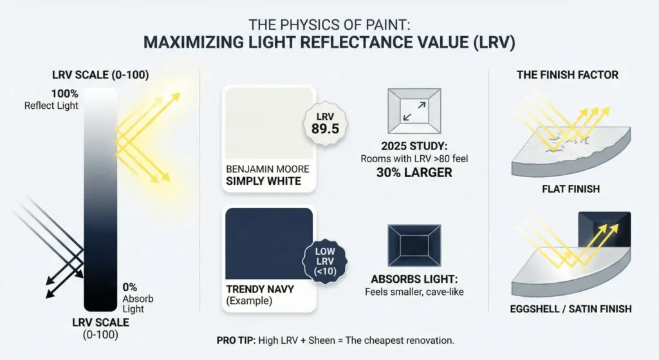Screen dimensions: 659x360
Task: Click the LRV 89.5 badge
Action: point(325,124)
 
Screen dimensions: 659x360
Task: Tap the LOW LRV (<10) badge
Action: point(325,261)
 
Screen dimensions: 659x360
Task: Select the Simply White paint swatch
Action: point(269,123)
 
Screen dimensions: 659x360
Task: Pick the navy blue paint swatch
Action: point(269,243)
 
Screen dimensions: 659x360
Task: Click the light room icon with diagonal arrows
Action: point(414,111)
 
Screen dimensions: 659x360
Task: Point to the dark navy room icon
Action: point(414,245)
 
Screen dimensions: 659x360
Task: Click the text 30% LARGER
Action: point(414,173)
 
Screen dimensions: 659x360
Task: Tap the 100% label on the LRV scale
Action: point(65,93)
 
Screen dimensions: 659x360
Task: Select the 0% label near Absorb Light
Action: point(130,287)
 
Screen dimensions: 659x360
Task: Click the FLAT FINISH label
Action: point(571,189)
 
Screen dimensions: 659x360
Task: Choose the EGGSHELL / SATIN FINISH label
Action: point(571,309)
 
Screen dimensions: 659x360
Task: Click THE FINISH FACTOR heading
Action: point(568,75)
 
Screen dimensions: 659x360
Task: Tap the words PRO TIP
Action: point(236,340)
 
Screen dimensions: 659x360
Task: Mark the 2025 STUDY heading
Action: point(414,146)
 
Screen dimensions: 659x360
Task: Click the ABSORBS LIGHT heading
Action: point(414,279)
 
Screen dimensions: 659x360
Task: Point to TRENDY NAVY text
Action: point(260,289)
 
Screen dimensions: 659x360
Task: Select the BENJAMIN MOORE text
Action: point(268,169)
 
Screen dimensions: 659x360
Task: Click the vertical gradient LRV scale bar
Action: point(100,200)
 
